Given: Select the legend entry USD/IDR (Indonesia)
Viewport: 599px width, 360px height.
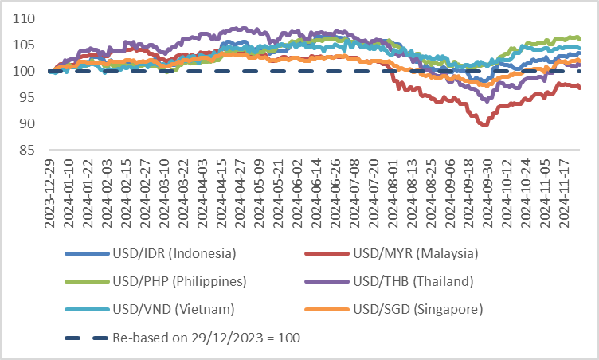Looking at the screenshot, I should [174, 254].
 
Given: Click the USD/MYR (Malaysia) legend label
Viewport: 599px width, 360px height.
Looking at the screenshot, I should [415, 254].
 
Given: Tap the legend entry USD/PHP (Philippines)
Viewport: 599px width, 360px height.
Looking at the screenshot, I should [180, 281].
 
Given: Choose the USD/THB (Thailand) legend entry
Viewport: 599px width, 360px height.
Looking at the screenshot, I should [413, 281].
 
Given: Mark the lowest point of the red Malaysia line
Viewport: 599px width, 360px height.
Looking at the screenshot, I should [484, 125].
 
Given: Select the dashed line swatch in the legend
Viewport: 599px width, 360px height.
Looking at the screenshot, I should [86, 337].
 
